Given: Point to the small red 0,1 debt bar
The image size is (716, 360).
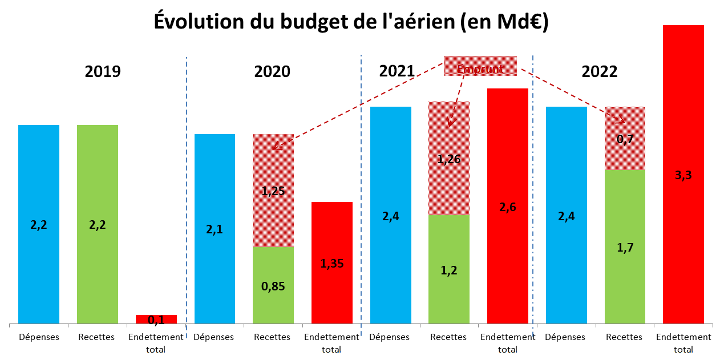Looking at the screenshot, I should pyautogui.click(x=156, y=319).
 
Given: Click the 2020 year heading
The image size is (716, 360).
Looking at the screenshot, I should pyautogui.click(x=272, y=71).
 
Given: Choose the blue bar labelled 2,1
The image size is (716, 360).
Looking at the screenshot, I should pyautogui.click(x=215, y=229).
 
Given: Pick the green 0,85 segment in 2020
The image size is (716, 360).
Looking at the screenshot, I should pyautogui.click(x=273, y=285).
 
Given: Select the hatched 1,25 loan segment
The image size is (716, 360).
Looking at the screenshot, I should pyautogui.click(x=273, y=191).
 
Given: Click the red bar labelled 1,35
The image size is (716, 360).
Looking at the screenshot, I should pyautogui.click(x=332, y=263).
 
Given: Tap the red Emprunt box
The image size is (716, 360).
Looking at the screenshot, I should pyautogui.click(x=480, y=66).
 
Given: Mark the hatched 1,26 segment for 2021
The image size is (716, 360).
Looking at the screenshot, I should pyautogui.click(x=449, y=159).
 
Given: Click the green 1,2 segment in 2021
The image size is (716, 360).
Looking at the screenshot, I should pyautogui.click(x=449, y=269).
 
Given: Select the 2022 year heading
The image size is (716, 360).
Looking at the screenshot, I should pyautogui.click(x=600, y=71).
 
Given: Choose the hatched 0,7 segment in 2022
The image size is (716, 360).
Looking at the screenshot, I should pyautogui.click(x=625, y=138).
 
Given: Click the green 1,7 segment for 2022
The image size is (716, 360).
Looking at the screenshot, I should pyautogui.click(x=625, y=246).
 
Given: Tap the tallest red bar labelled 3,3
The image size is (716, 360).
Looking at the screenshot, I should pyautogui.click(x=683, y=175).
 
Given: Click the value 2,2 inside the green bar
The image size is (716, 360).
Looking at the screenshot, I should pyautogui.click(x=98, y=225).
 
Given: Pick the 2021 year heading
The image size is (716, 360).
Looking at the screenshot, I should pyautogui.click(x=397, y=71).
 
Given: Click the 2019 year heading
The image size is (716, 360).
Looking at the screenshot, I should pyautogui.click(x=103, y=71).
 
